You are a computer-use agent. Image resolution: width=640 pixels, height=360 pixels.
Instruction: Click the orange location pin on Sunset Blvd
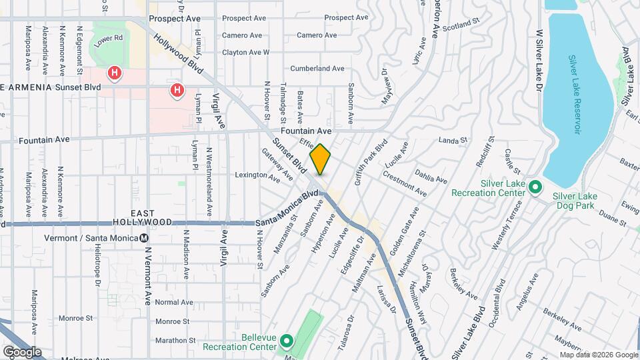click(x=321, y=159)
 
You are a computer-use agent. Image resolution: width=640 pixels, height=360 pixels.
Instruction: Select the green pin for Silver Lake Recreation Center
click(x=535, y=188)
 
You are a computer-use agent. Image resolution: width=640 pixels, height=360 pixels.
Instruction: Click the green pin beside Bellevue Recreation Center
click(x=287, y=342)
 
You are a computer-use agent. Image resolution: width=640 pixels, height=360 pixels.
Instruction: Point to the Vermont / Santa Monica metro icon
click(x=145, y=238)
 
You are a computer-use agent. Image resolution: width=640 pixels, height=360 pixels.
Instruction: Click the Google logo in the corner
click(x=22, y=352)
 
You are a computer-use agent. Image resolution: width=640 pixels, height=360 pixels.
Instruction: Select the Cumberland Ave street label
click(x=317, y=68)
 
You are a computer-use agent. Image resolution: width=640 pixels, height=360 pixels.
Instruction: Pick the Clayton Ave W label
click(x=245, y=52)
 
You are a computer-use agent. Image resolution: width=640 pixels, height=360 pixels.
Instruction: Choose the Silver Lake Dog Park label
click(x=575, y=201)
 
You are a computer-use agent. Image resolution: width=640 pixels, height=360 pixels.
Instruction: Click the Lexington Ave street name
click(x=257, y=176)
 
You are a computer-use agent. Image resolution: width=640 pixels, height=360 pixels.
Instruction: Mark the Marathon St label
click(x=173, y=340)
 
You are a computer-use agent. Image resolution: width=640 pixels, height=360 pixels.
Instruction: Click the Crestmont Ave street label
click(x=404, y=185)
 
